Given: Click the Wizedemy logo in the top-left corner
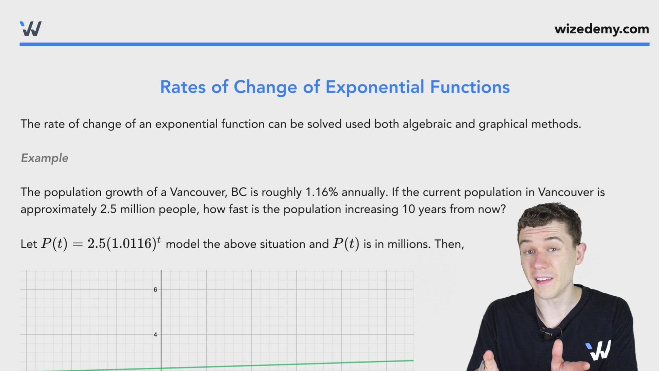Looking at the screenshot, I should click(31, 29).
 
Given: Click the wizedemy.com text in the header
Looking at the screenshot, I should click(601, 29).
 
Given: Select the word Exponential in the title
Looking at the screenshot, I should click(374, 87).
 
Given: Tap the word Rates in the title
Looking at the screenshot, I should click(183, 87).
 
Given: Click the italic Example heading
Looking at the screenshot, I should click(45, 158).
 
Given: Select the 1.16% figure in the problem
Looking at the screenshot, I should click(322, 192).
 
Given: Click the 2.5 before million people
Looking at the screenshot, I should click(108, 209).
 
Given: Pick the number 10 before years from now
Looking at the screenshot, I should click(408, 209).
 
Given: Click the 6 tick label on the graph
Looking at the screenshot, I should click(155, 290).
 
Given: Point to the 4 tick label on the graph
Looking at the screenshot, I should click(155, 335).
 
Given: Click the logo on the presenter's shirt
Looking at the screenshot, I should click(599, 350).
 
